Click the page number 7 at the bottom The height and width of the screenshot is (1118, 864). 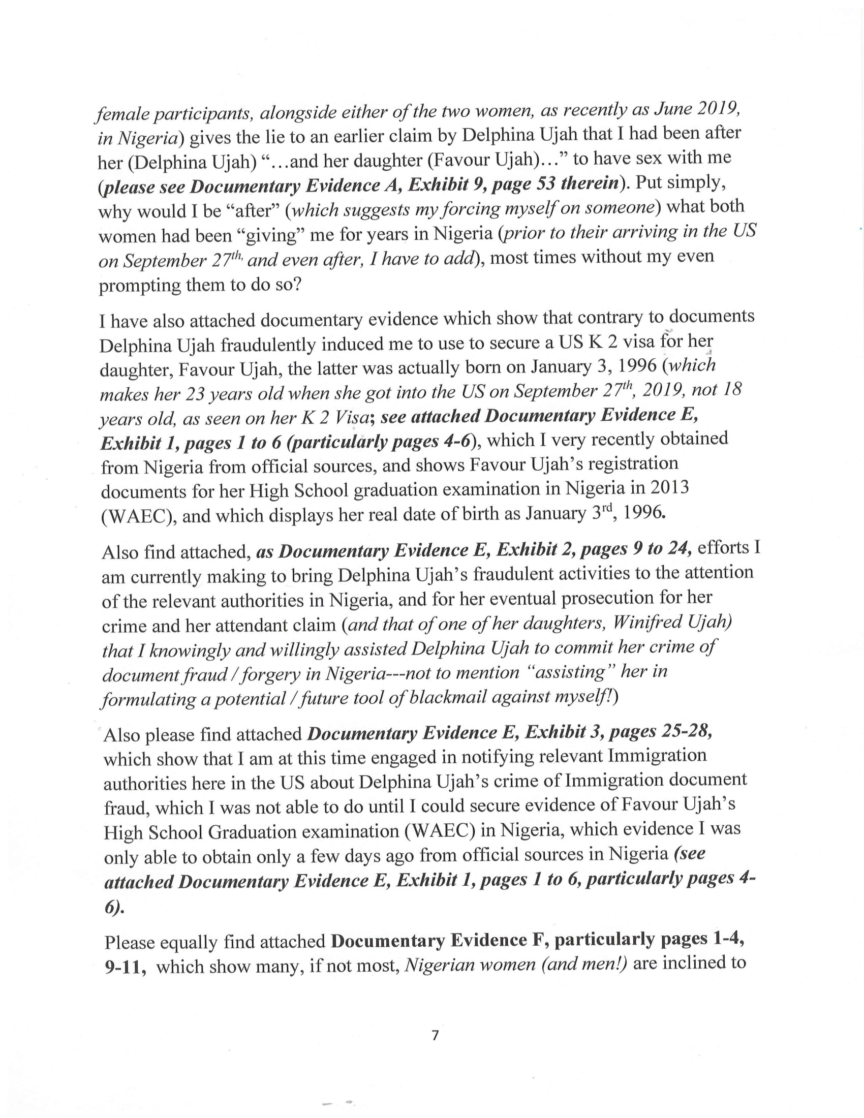[x=435, y=1035]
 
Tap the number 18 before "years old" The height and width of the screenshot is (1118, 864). [x=730, y=389]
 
